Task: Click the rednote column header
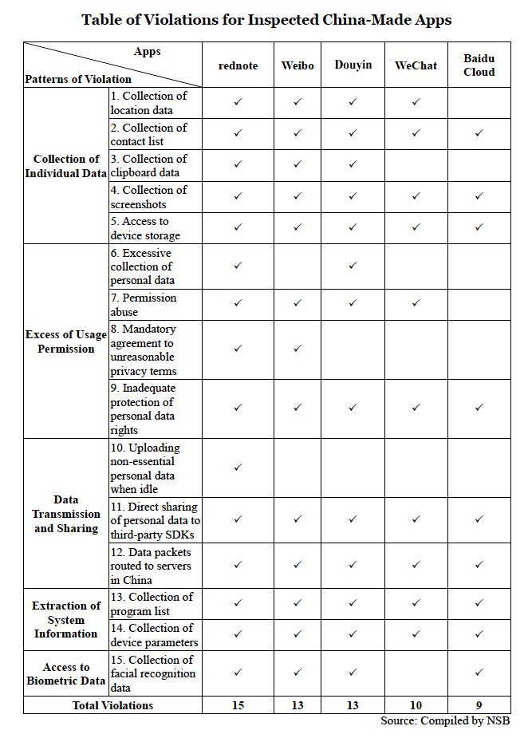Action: click(x=238, y=65)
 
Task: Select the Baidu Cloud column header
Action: click(x=479, y=65)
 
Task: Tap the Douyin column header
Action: click(x=353, y=65)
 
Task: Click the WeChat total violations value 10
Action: click(x=416, y=705)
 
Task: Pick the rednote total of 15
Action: click(x=238, y=705)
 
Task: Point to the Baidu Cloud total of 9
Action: click(x=479, y=705)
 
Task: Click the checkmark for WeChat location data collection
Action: click(x=416, y=102)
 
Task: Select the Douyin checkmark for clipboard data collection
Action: click(x=353, y=164)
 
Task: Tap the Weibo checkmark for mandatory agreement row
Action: click(x=297, y=349)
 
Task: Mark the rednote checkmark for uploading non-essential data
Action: click(x=238, y=468)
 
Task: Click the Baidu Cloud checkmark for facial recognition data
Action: click(x=479, y=673)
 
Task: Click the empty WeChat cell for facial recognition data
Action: click(x=416, y=673)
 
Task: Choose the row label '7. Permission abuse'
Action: click(x=148, y=304)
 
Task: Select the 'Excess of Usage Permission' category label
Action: click(x=66, y=341)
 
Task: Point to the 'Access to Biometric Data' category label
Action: click(x=66, y=673)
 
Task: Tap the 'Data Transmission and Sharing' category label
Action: click(x=66, y=514)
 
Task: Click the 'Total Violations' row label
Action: click(x=112, y=705)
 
